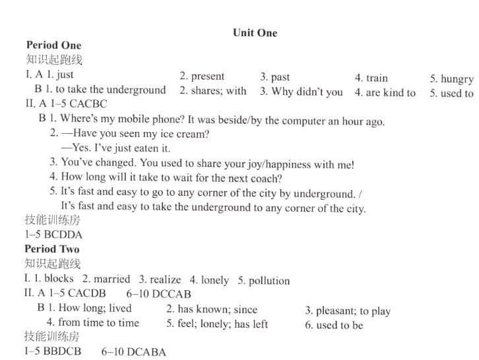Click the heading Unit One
[255, 33]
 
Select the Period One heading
[53, 45]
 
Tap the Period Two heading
[51, 249]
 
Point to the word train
[377, 78]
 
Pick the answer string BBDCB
[63, 351]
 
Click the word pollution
[269, 281]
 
